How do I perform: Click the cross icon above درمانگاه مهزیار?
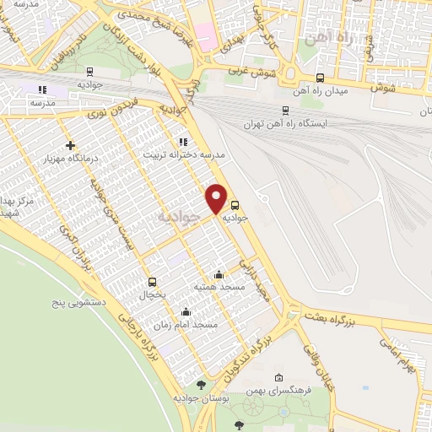pyautogui.click(x=71, y=145)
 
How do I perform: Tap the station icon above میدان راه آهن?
pyautogui.click(x=320, y=78)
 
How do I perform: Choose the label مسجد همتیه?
pyautogui.click(x=219, y=288)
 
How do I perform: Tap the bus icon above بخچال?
pyautogui.click(x=152, y=282)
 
